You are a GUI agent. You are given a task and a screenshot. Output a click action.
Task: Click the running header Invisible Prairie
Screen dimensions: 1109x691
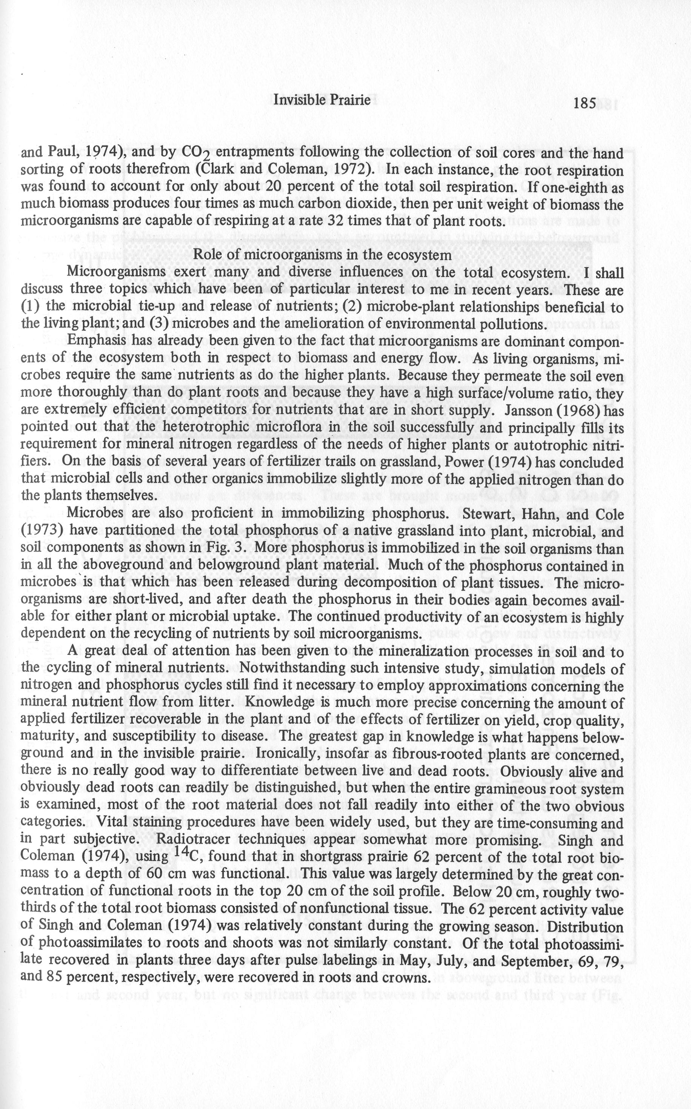pyautogui.click(x=321, y=100)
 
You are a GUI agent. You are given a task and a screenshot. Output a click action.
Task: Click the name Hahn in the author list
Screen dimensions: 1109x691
pyautogui.click(x=543, y=513)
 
